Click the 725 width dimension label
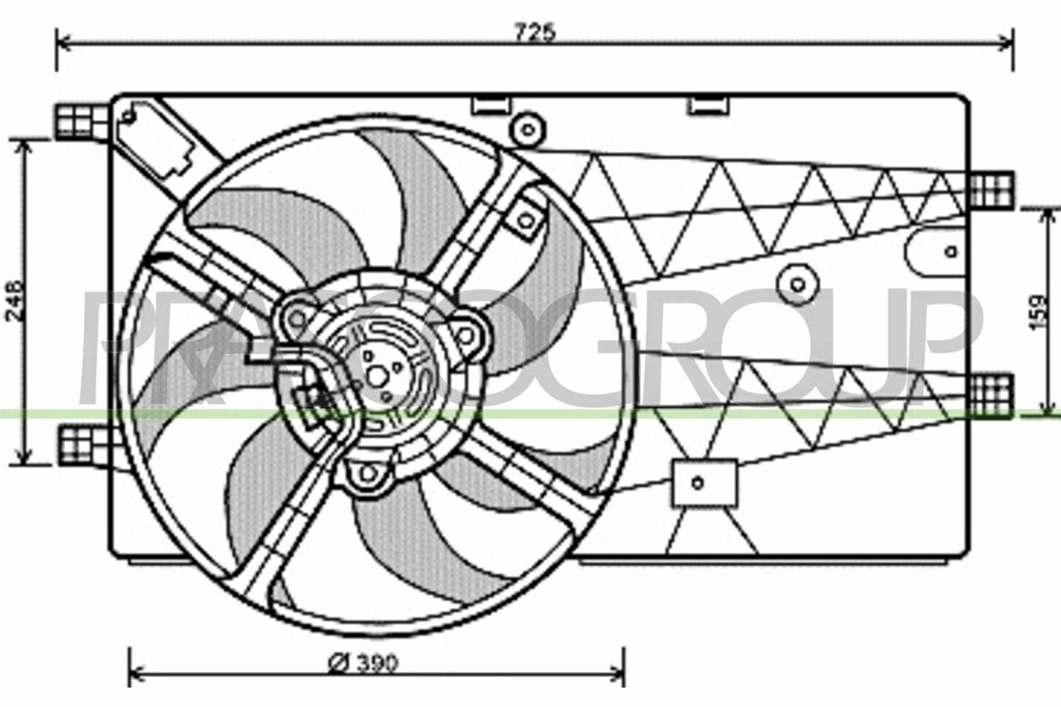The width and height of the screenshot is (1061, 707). click(536, 32)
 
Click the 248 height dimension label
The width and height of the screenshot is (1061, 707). click(14, 301)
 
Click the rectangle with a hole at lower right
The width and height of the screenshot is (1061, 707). click(704, 483)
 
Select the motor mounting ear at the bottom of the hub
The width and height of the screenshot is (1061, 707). click(368, 473)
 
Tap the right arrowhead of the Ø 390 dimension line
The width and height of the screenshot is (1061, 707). click(618, 681)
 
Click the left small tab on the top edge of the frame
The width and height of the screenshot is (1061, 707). click(492, 105)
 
